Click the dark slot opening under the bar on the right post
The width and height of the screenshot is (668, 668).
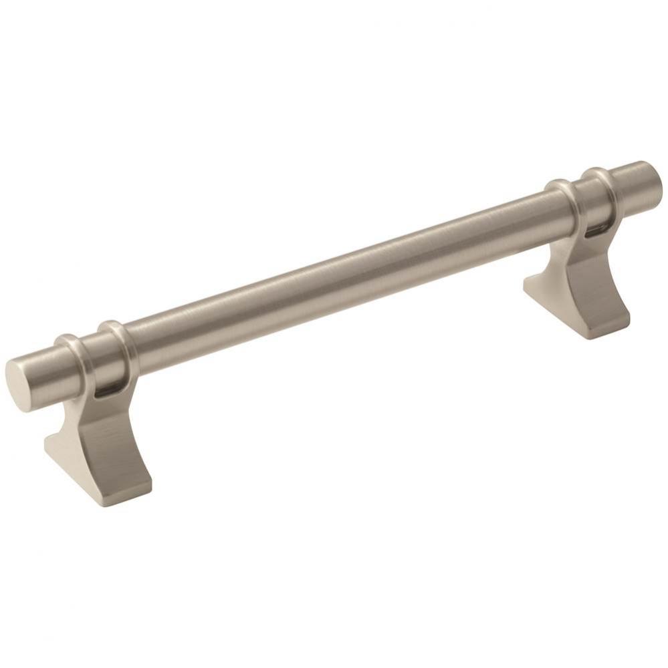coord(591,232)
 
